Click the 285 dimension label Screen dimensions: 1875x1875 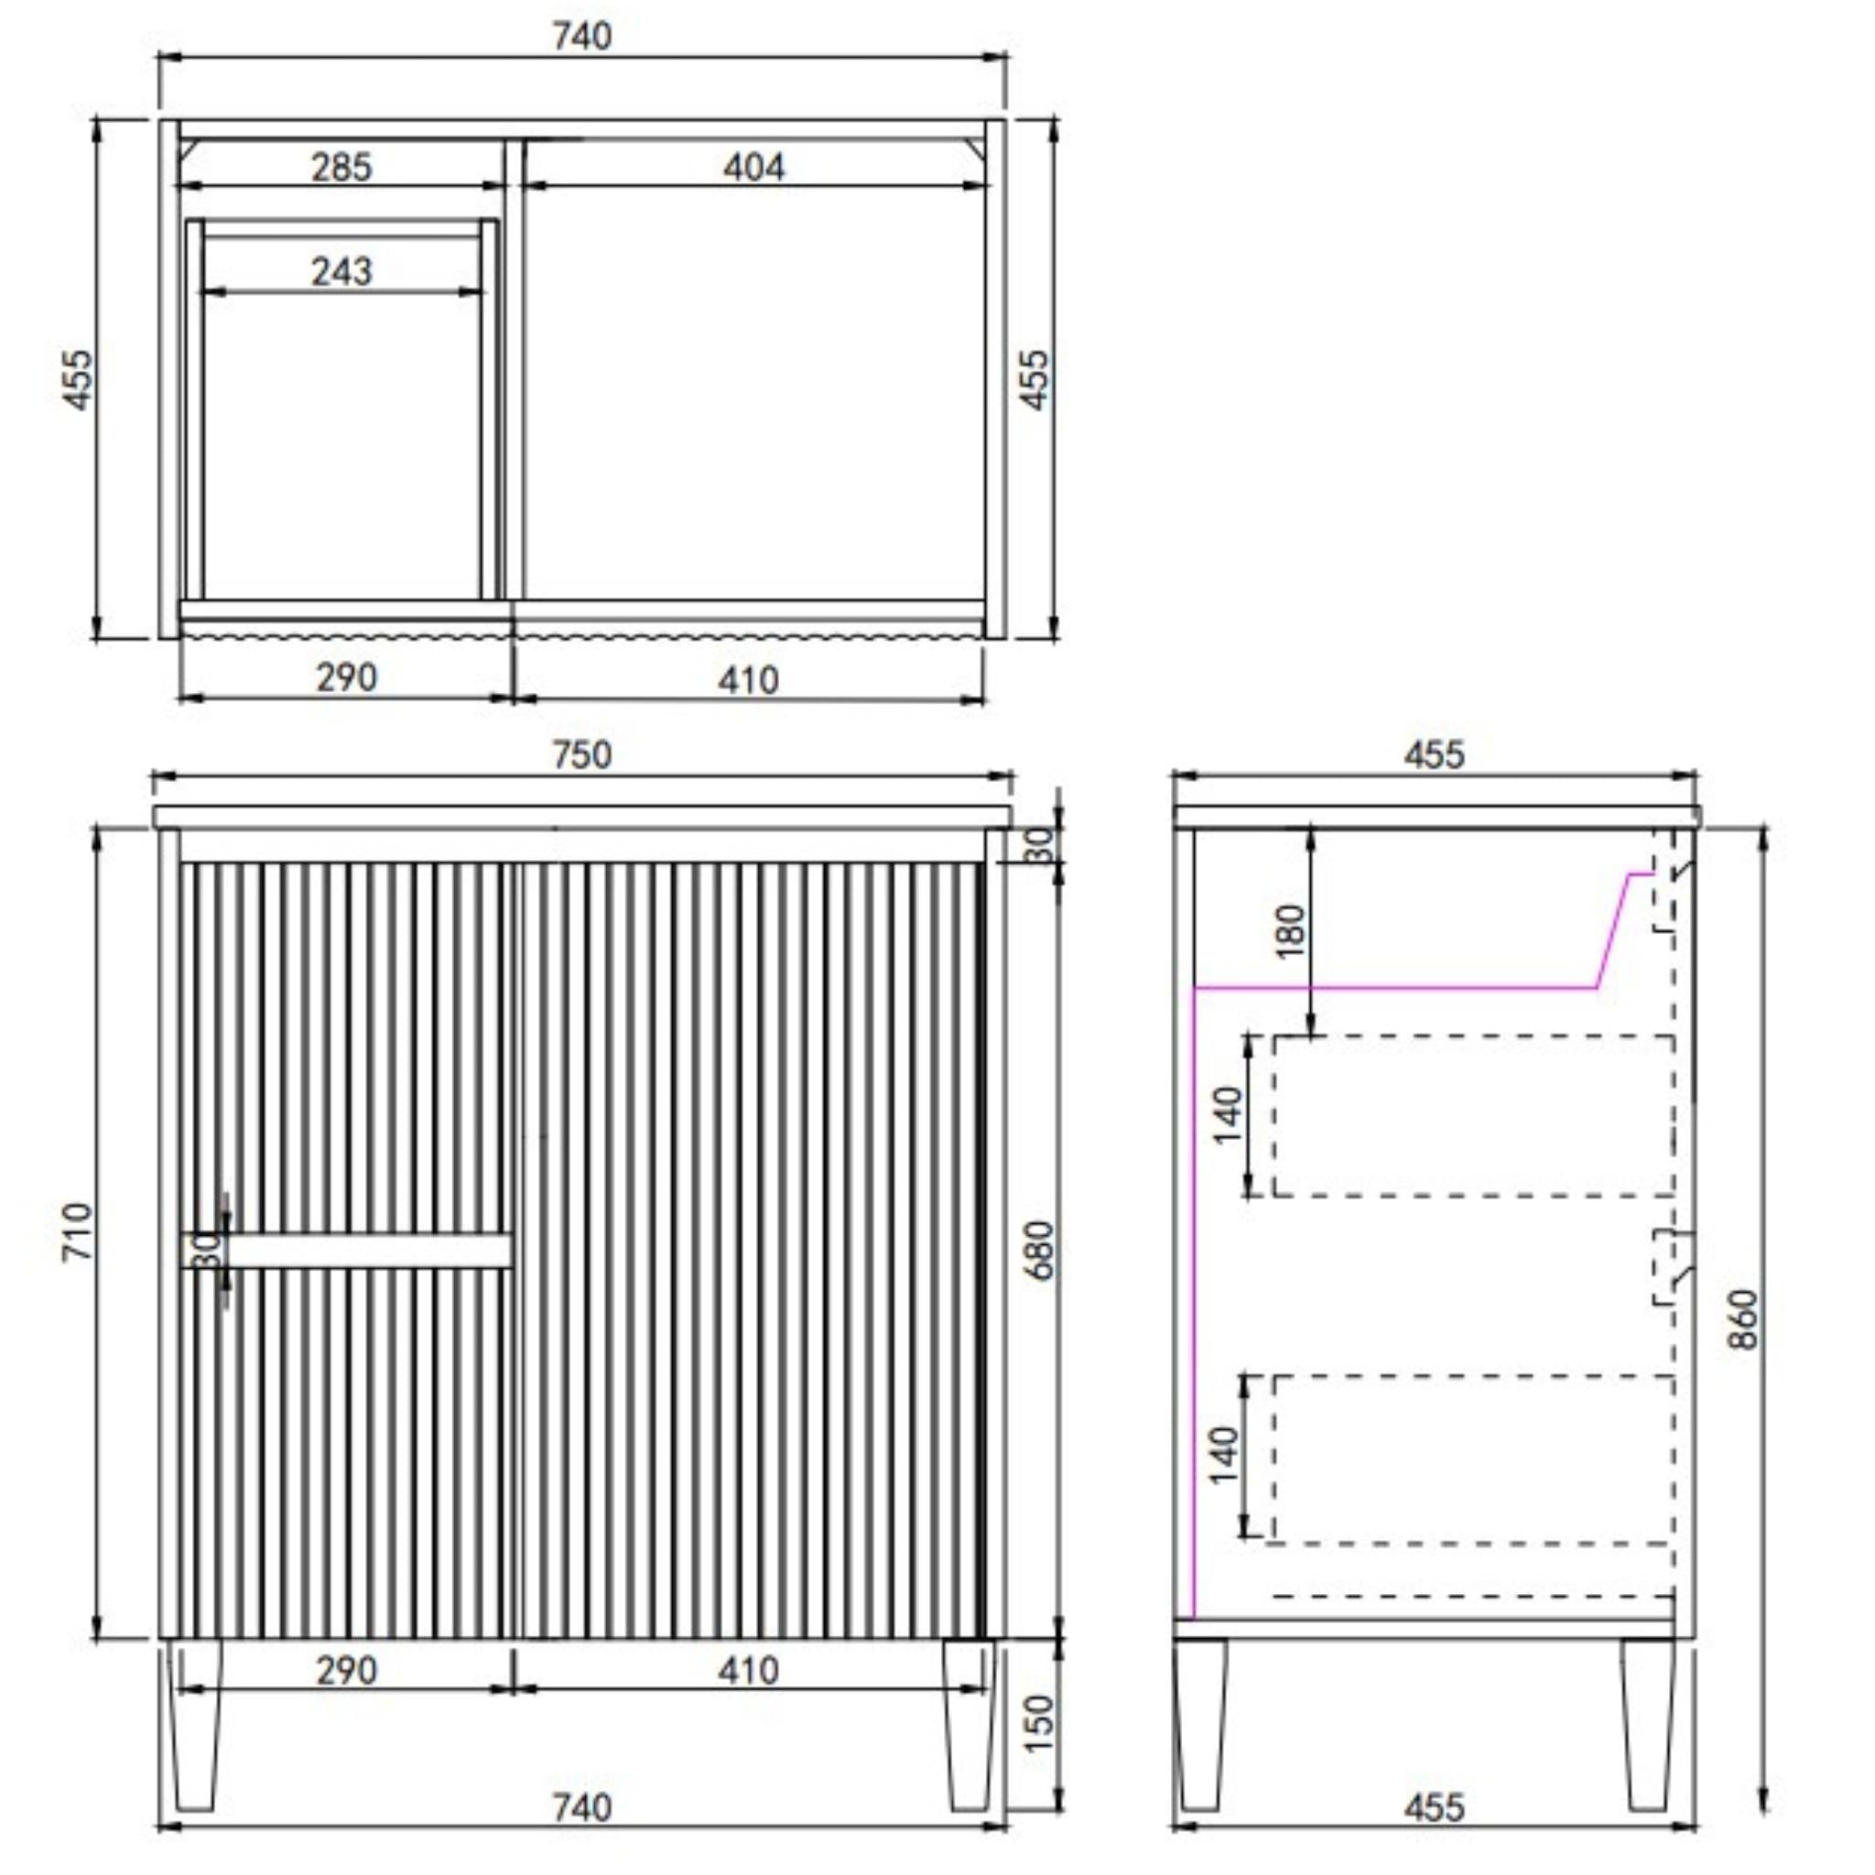pos(341,167)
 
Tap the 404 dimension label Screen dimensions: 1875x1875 pos(754,167)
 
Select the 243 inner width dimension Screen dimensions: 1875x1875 pos(341,271)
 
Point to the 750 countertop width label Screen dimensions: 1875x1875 pos(582,755)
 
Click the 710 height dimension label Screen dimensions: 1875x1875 pos(78,1231)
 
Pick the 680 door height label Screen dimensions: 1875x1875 pos(1038,1251)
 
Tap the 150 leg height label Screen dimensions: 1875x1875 pos(1038,1723)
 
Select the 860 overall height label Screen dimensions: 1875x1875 pos(1743,1319)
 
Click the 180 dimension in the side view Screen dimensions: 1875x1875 pos(1291,931)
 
